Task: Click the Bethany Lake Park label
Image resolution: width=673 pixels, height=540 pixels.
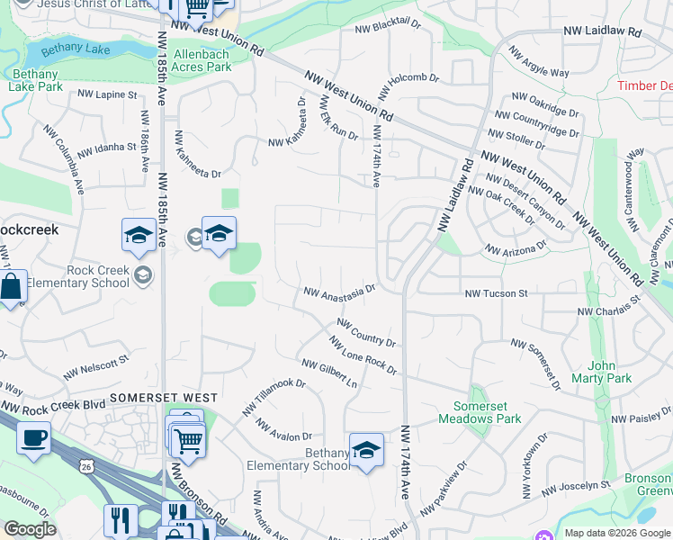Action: (36, 80)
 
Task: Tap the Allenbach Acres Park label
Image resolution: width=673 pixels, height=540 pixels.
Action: (202, 60)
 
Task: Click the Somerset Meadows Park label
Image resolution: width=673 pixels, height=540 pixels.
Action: (480, 412)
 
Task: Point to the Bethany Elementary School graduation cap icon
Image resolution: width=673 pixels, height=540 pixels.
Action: (366, 450)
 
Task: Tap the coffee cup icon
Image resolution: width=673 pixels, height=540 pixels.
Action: (33, 438)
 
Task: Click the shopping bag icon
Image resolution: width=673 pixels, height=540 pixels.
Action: (11, 288)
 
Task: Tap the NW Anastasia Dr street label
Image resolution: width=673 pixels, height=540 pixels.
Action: (338, 292)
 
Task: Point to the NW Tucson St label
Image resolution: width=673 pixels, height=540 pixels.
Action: (496, 293)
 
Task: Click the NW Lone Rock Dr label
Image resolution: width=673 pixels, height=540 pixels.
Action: (363, 355)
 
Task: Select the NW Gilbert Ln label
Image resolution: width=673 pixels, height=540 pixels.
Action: (329, 373)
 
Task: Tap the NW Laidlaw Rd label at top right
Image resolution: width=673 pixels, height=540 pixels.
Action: (602, 31)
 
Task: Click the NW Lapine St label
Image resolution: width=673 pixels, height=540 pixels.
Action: (107, 94)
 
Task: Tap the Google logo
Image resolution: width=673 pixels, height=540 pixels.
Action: (31, 530)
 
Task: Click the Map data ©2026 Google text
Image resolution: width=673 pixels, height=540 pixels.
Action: (616, 533)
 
